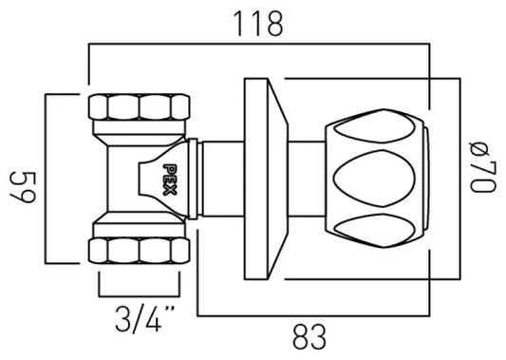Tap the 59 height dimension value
tap(22, 178)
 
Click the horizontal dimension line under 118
tap(258, 44)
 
